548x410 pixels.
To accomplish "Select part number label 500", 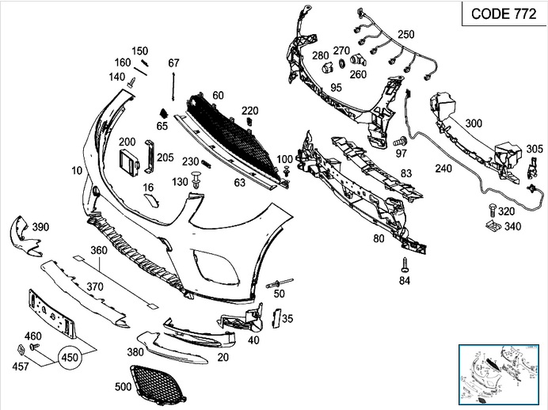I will pos(123,387).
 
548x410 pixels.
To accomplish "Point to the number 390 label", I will pos(40,227).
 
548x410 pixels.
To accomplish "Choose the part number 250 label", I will pos(405,34).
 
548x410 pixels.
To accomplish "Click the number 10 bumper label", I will pos(76,171).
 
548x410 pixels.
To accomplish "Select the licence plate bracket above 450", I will pos(51,313).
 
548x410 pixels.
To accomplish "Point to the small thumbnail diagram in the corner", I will pos(501,374).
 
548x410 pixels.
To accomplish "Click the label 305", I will pos(535,148).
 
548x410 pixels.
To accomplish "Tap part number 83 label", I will pos(405,173).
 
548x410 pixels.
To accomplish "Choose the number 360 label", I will pos(98,250).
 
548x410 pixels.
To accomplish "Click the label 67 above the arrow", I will pos(174,63).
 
